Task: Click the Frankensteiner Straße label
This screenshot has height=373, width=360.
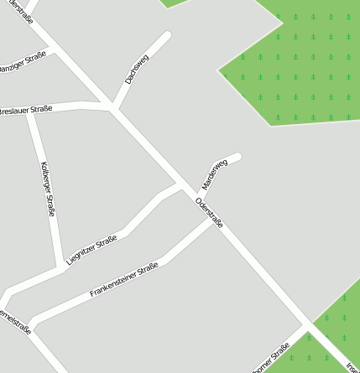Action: (124, 280)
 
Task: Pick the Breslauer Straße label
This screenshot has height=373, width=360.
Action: (26, 110)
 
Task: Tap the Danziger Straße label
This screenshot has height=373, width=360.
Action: (20, 63)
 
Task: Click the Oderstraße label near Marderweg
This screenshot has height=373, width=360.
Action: (209, 212)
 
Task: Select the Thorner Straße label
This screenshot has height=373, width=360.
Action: (270, 358)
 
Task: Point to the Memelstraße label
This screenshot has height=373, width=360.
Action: (17, 323)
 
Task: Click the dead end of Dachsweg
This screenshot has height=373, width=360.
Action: (166, 36)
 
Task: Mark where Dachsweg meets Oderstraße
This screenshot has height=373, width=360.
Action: (112, 107)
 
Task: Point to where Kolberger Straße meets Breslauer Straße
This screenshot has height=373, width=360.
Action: (29, 110)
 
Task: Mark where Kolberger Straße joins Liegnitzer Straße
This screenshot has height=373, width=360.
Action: (60, 269)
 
